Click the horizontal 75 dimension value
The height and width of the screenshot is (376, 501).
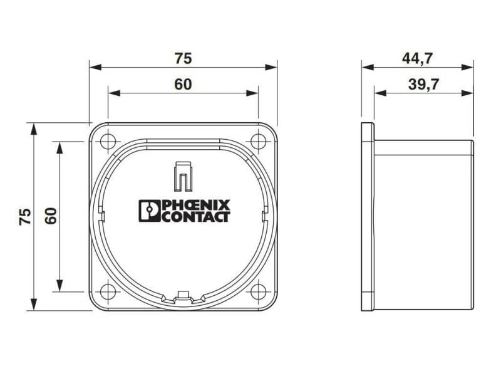pos(183,58)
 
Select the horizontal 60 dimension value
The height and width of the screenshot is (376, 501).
pos(183,85)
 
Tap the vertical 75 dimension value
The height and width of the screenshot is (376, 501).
pos(25,216)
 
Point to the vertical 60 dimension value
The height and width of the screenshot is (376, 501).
pos(51,216)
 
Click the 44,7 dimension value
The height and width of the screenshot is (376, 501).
pos(417,58)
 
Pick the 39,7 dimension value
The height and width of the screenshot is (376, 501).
pos(424,85)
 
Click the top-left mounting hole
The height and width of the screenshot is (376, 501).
pos(108,141)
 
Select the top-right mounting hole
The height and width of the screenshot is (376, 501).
pos(259,141)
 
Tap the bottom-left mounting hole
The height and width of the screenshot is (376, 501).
pos(108,291)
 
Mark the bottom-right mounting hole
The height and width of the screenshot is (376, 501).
pos(259,291)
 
